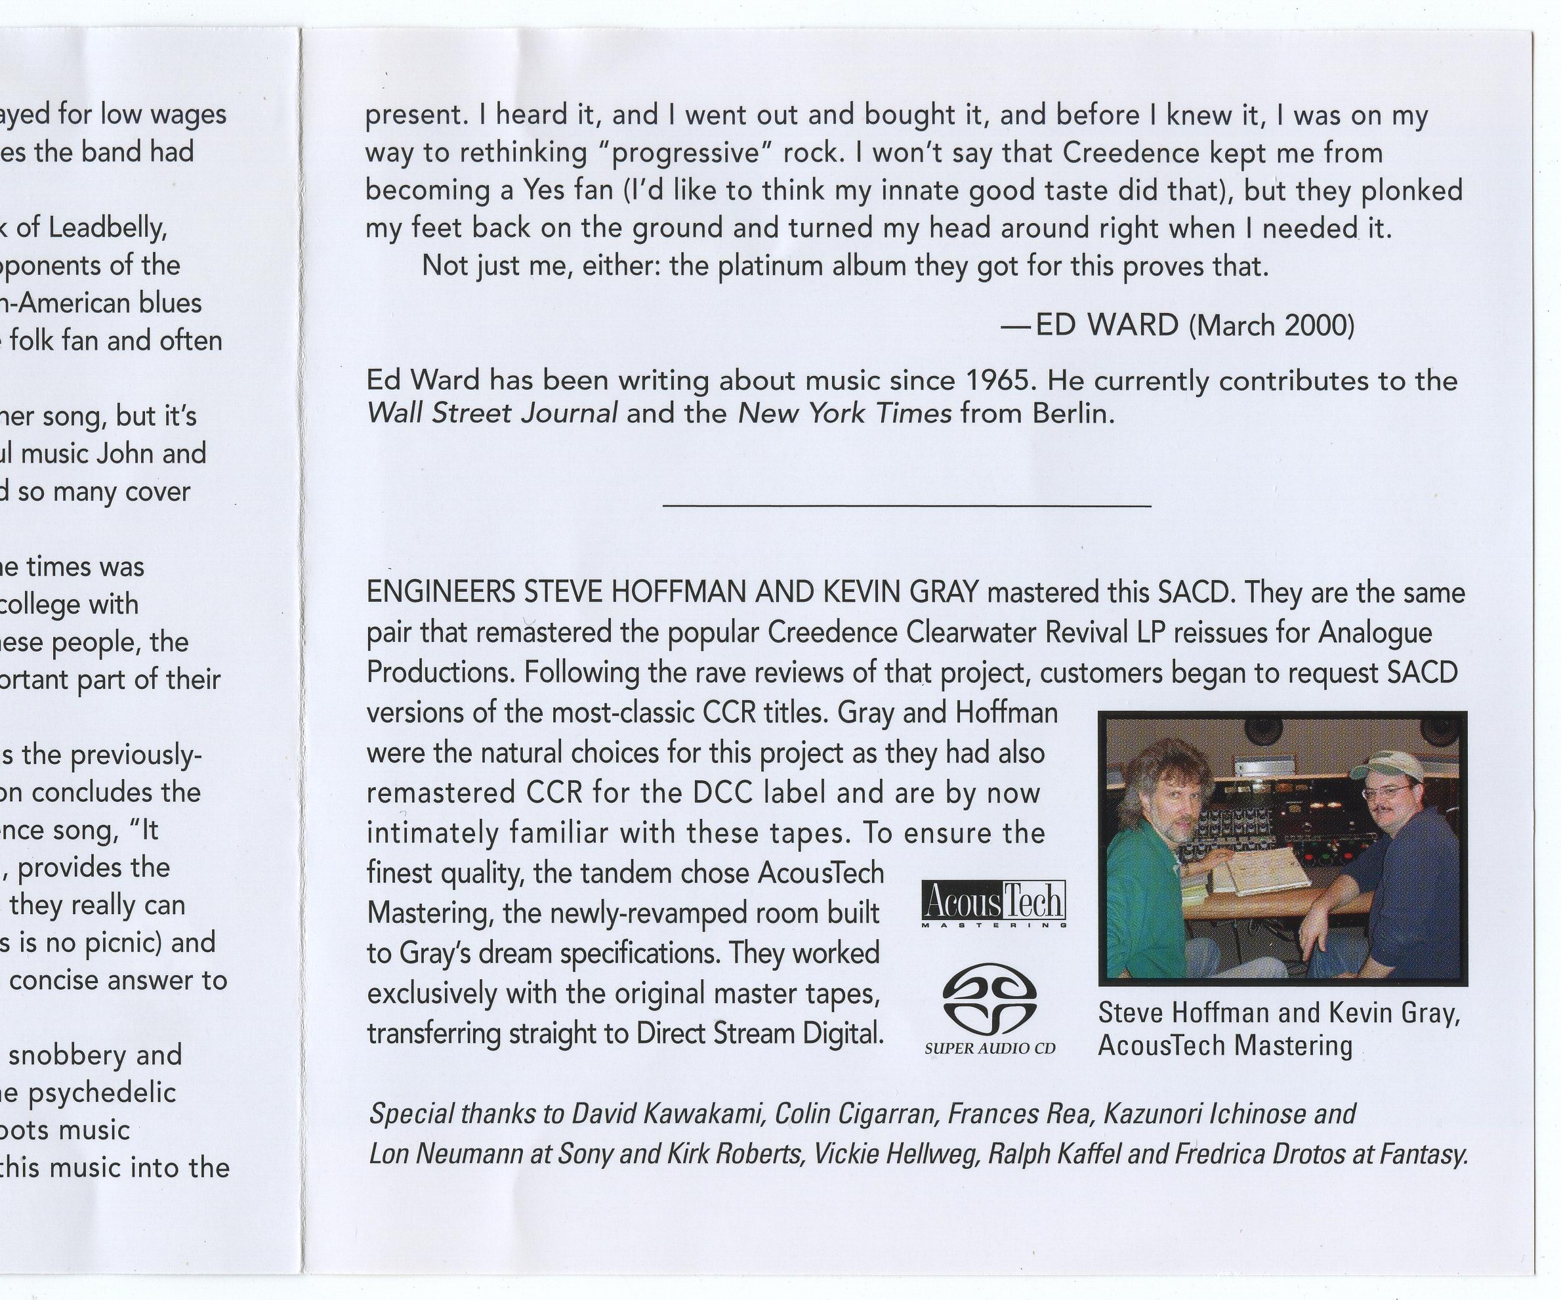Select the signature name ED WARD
(x=1107, y=325)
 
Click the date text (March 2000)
(x=1272, y=325)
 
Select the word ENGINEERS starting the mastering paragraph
(x=441, y=593)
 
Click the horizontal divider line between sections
(x=907, y=506)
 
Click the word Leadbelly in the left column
(x=107, y=228)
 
